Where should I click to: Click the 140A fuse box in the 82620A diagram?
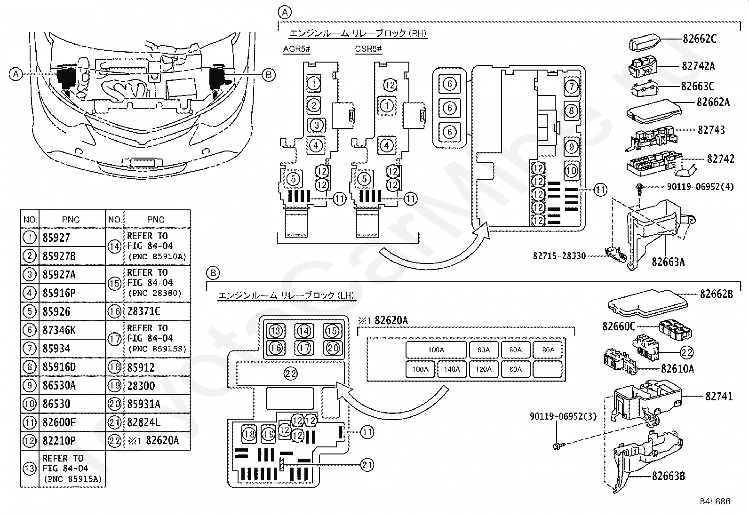[x=452, y=369]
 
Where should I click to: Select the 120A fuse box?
[x=484, y=369]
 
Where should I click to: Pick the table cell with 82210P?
[x=59, y=441]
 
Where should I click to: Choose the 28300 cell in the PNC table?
[x=141, y=386]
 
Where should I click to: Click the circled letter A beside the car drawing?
[x=16, y=74]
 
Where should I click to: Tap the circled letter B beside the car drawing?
[x=268, y=74]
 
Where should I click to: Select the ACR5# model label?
[x=296, y=49]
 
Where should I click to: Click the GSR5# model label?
[x=368, y=49]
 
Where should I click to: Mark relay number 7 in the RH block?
[x=571, y=86]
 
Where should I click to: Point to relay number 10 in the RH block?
[x=571, y=171]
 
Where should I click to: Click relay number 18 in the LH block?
[x=249, y=434]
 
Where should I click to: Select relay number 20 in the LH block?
[x=332, y=348]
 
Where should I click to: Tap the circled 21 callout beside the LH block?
[x=367, y=465]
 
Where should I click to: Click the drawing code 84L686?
[x=715, y=501]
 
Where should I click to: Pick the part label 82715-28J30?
[x=559, y=256]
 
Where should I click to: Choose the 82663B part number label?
[x=668, y=476]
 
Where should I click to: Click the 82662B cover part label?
[x=716, y=294]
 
